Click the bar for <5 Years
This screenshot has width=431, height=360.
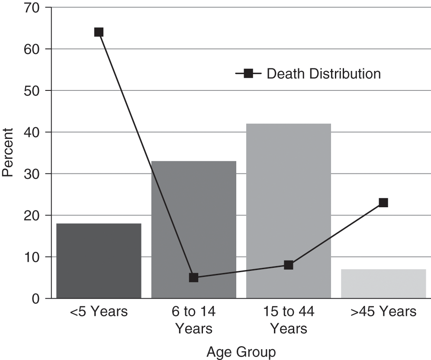(x=99, y=261)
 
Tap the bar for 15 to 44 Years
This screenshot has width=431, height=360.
(x=289, y=211)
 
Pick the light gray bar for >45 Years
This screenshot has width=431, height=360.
(x=383, y=284)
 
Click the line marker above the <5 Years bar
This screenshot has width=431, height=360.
(x=99, y=32)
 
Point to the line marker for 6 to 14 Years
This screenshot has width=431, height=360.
(x=193, y=277)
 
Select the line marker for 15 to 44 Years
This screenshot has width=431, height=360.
(x=289, y=265)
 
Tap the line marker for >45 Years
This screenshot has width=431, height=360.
(x=383, y=202)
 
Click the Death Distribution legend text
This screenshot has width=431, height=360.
(x=324, y=74)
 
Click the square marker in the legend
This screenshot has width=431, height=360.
(x=248, y=74)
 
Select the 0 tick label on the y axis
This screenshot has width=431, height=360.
(x=36, y=299)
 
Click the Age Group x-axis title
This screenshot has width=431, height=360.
(x=241, y=351)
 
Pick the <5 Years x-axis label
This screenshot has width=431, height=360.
(x=99, y=312)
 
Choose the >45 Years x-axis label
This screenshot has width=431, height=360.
(x=383, y=312)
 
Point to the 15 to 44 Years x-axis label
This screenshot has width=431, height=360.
(x=289, y=320)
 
